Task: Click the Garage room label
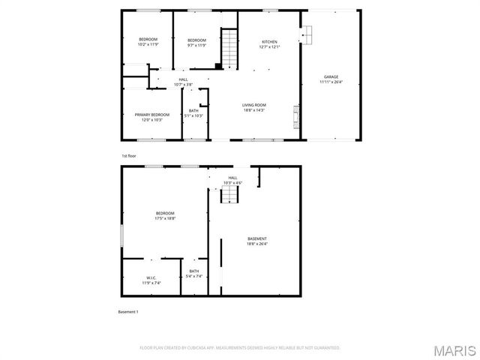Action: pos(331,77)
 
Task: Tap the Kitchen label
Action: pos(269,41)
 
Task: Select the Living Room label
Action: pos(253,105)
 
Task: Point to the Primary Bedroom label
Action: pos(152,115)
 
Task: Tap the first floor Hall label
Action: pos(183,79)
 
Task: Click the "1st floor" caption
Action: pos(130,155)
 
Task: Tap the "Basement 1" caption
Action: pos(128,311)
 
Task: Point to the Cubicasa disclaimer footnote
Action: pos(240,348)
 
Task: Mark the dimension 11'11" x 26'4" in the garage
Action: pos(331,82)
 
